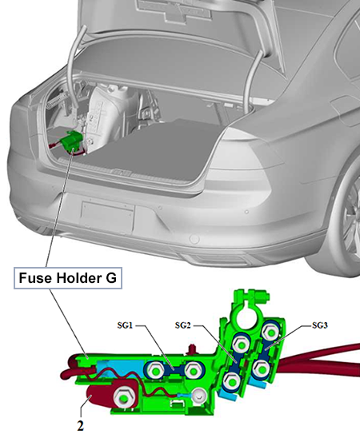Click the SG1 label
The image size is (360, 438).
point(125,325)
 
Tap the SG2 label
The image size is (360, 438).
point(182,325)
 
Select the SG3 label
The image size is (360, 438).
point(320,325)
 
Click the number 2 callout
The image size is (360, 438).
point(80,426)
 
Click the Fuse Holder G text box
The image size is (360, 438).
point(68,278)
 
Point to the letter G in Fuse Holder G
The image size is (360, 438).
point(111,278)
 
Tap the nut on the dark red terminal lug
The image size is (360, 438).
point(123,396)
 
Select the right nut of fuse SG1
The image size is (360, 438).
point(193,370)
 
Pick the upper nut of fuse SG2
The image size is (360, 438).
point(242,344)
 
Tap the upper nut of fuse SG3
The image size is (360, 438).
point(270,332)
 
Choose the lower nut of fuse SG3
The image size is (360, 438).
point(261,369)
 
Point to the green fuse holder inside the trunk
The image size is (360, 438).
point(72,141)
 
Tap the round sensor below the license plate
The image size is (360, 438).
point(194,239)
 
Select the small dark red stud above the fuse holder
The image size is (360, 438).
point(192,349)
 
